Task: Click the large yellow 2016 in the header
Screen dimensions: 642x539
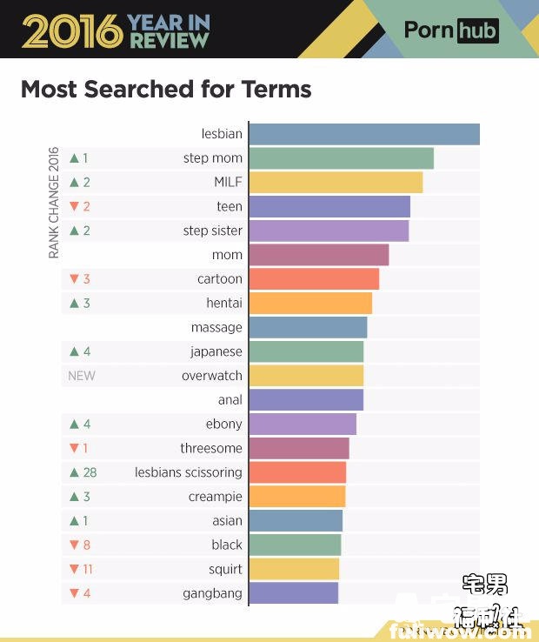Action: pos(71,30)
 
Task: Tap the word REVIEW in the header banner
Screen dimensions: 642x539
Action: pos(169,40)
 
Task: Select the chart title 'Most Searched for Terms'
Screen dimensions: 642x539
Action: pos(165,89)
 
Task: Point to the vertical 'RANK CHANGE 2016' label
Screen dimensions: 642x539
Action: pos(54,202)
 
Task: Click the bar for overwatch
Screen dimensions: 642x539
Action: pos(305,376)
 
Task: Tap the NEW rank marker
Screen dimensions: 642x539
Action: pos(82,376)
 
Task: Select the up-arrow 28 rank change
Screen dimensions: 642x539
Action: pos(83,472)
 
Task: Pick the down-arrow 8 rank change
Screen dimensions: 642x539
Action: pos(79,545)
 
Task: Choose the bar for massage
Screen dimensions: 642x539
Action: pos(308,327)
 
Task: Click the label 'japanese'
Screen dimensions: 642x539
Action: pos(216,351)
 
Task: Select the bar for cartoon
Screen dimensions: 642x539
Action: pos(314,279)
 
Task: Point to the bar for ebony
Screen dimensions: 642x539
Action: pos(303,424)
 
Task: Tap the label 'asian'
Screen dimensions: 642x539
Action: pos(227,520)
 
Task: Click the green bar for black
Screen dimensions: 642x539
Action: pos(295,545)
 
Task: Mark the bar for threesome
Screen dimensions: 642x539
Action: pos(298,448)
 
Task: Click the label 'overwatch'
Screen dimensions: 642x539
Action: pos(211,376)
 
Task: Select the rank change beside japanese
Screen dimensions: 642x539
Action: pos(79,351)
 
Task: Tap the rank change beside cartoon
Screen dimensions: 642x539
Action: pos(79,279)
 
